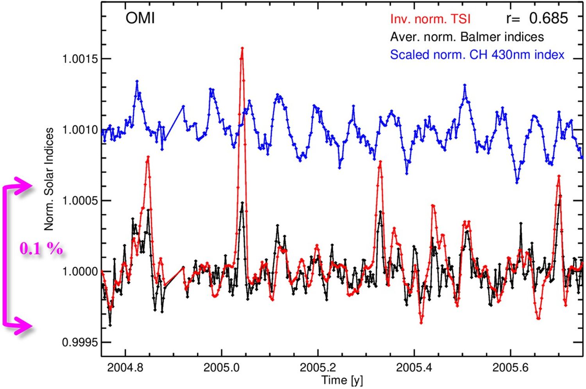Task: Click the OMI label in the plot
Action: coord(140,18)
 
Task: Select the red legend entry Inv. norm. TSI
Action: coord(430,19)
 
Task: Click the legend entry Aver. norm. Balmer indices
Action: coord(467,37)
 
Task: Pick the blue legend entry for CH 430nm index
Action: coord(477,55)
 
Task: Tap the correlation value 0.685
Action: coord(548,18)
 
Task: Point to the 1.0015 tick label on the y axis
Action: coord(80,59)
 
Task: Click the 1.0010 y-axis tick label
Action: coord(80,130)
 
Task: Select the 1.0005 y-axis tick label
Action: coord(80,201)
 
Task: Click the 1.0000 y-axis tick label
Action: coord(80,271)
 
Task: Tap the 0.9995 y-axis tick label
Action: coord(80,343)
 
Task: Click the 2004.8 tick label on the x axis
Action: coord(125,368)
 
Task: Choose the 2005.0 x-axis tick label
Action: coord(222,368)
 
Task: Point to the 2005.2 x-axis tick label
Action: coord(318,368)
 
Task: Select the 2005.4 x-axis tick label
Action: coord(414,368)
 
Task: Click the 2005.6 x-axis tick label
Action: coord(511,368)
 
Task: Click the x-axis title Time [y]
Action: coord(342,380)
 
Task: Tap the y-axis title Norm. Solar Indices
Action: coord(49,179)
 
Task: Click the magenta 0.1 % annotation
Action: coord(41,248)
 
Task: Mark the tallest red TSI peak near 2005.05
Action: coord(242,48)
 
